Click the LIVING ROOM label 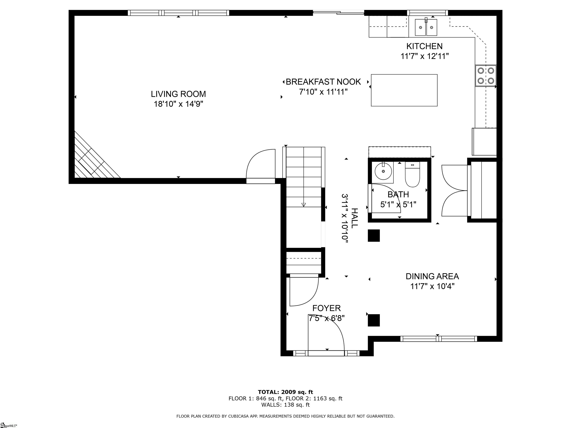coord(178,94)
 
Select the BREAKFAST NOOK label coord(323,82)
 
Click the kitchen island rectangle coord(404,90)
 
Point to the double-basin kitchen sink coord(426,27)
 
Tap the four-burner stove coord(485,76)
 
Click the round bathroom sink coord(383,171)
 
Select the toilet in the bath coord(412,174)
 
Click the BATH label coord(398,194)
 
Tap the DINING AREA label coord(432,276)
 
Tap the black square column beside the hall coord(374,236)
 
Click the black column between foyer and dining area coord(374,320)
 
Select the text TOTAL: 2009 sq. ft coord(285,392)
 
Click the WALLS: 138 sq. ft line coord(285,405)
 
